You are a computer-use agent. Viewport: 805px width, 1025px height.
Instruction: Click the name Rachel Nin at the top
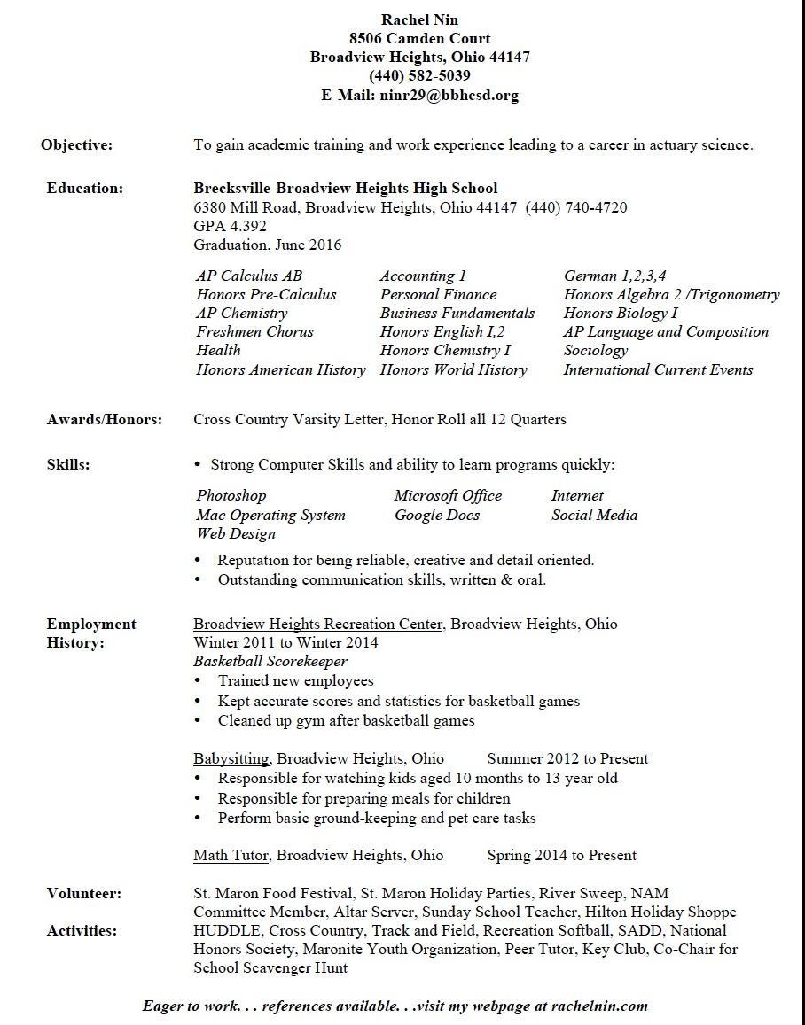tap(420, 19)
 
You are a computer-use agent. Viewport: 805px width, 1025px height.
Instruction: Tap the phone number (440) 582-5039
tap(420, 76)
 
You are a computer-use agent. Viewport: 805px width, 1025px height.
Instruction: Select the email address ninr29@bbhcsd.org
tap(449, 95)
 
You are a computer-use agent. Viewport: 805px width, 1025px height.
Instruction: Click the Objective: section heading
tap(77, 145)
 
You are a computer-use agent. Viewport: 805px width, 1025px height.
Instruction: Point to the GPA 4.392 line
tap(230, 226)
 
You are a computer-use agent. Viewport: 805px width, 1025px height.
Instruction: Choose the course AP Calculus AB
tap(249, 276)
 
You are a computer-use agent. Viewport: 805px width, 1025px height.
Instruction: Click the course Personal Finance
tap(438, 295)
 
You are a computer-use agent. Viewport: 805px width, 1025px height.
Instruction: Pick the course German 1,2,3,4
tap(615, 276)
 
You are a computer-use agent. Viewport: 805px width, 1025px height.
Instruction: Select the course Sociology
tap(595, 351)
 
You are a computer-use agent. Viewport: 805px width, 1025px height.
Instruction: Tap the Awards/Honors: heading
tap(105, 420)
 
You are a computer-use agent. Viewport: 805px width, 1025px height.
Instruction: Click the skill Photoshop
tap(231, 496)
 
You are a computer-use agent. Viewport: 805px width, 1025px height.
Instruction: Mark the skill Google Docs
tap(437, 516)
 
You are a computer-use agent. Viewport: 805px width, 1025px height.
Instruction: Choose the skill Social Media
tap(594, 516)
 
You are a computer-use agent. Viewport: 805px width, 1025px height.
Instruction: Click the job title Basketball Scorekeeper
tap(270, 662)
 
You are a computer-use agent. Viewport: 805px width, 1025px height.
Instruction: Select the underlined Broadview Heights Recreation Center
tap(318, 625)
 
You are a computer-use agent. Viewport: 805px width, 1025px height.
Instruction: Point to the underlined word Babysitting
tap(233, 759)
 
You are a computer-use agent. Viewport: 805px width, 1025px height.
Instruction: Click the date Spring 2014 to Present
tap(562, 856)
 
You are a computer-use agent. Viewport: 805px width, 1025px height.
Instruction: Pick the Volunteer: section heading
tap(84, 894)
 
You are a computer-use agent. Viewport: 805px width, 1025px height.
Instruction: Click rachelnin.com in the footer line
tap(599, 1006)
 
